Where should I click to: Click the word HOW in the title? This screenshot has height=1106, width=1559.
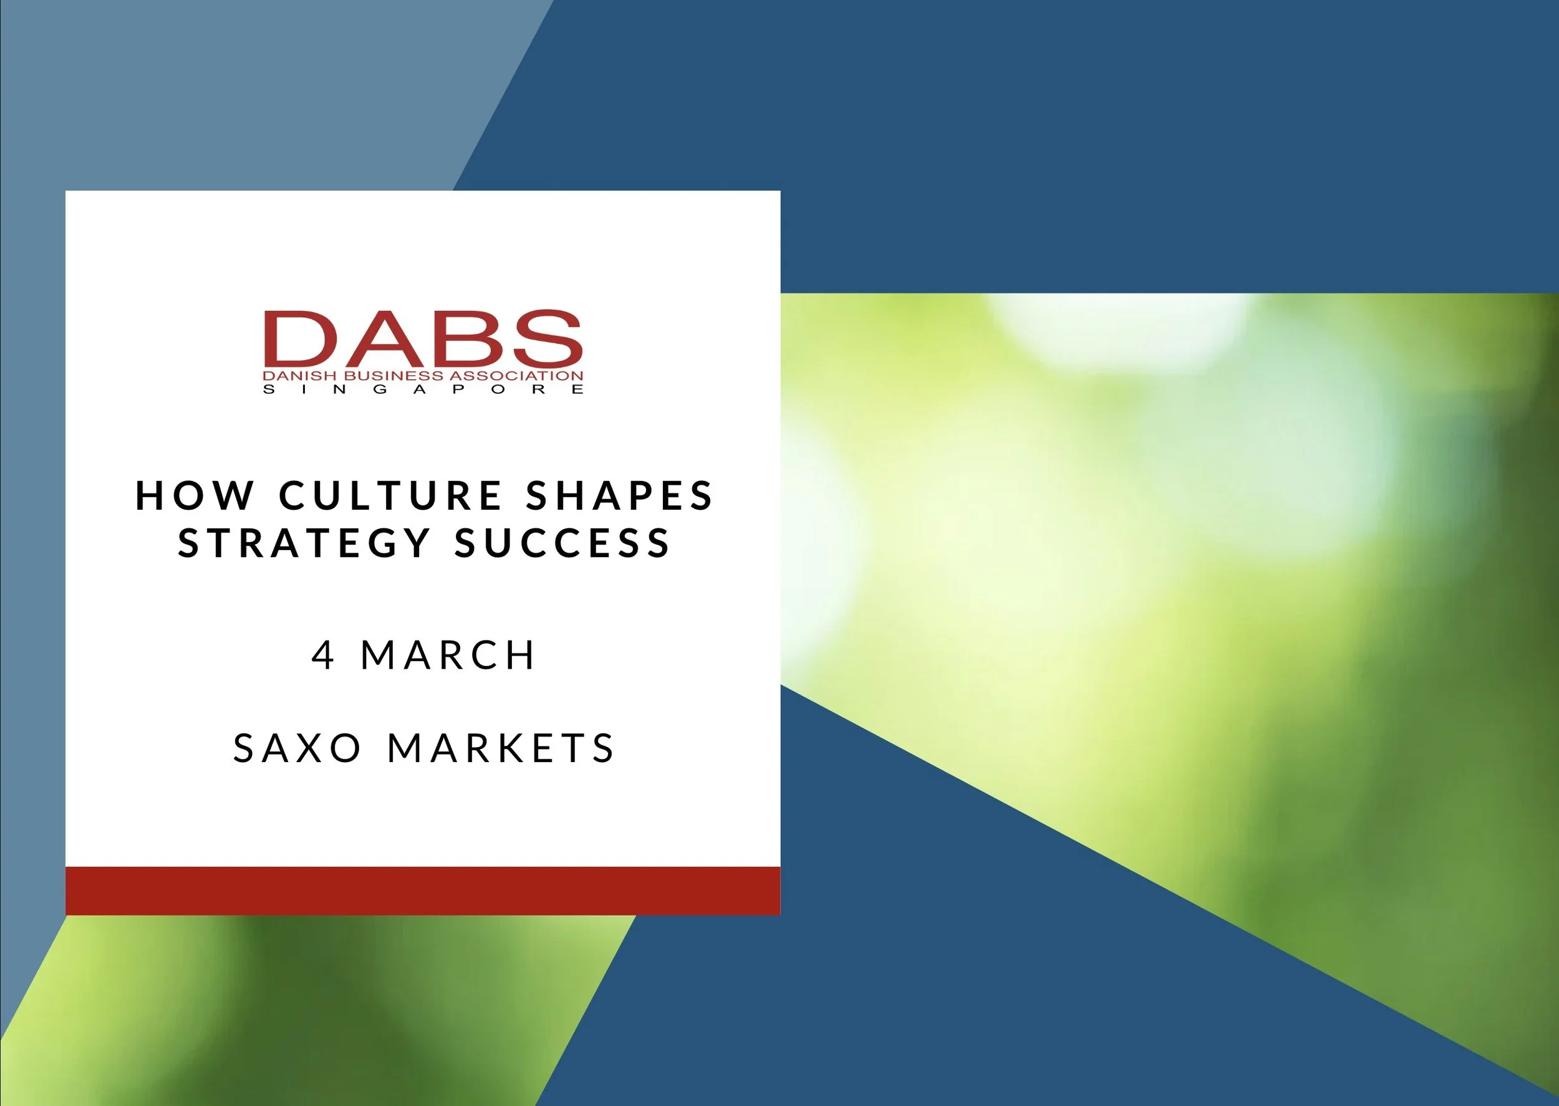tap(195, 495)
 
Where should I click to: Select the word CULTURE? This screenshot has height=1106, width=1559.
tap(390, 495)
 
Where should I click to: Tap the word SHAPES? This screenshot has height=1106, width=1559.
tap(619, 495)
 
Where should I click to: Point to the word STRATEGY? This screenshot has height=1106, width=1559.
tap(304, 543)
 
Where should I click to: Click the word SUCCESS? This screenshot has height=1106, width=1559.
tap(563, 543)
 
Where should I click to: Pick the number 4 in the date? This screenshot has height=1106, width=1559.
tap(323, 655)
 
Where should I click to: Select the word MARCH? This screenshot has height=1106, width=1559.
tap(448, 655)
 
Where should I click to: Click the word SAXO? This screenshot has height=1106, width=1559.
tap(297, 748)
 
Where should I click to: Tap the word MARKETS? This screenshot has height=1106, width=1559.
tap(501, 748)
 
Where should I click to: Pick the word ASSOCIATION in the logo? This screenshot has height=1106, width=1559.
tap(516, 376)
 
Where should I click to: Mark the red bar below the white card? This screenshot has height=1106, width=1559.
tap(422, 891)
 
